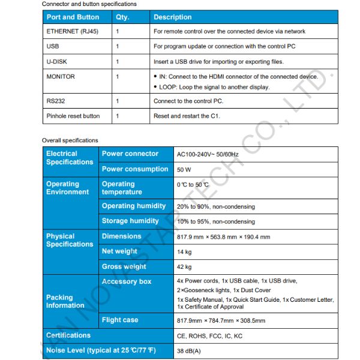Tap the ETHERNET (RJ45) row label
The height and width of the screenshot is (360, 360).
70,31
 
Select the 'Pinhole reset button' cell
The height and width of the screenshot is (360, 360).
73,116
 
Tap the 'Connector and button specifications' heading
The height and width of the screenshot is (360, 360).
89,4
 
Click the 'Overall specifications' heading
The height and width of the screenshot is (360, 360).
70,140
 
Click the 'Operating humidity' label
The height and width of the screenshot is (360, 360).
134,206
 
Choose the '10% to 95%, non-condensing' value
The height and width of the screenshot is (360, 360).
215,221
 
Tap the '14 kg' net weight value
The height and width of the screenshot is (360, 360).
184,252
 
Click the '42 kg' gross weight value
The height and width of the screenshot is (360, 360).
184,267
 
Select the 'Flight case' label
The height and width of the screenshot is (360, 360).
120,320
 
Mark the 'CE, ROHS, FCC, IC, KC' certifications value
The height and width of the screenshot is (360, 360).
209,336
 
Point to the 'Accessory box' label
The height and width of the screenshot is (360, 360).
127,281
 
